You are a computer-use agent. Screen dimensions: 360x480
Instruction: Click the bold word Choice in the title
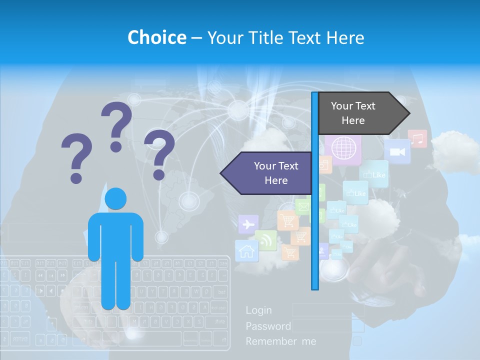[156, 37]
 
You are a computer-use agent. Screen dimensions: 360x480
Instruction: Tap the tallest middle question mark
[116, 126]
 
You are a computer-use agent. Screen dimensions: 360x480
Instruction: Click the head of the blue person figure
[116, 199]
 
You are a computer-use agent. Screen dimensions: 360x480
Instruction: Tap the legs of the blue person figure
[116, 280]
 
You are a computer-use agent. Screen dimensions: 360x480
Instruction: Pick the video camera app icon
[397, 151]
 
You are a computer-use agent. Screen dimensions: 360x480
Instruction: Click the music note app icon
[417, 138]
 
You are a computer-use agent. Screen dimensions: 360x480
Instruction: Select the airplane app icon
[248, 224]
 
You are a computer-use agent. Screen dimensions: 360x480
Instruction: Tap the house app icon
[246, 250]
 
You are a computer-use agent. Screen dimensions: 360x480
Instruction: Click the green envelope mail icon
[302, 206]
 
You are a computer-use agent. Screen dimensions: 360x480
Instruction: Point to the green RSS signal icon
[266, 240]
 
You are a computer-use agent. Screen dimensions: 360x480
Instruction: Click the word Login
[258, 310]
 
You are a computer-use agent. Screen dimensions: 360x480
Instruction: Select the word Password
[268, 326]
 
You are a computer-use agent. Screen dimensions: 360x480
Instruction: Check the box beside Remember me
[357, 341]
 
